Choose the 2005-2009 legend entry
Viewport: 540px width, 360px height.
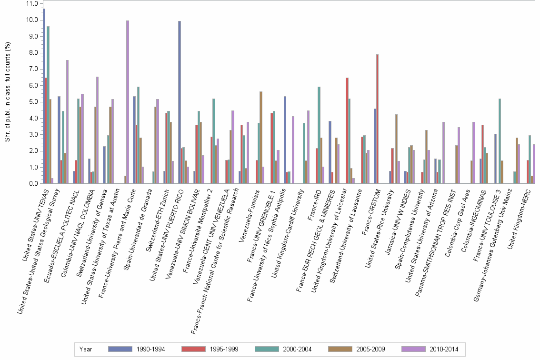pos(341,349)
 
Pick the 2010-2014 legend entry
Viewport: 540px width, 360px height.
pos(415,349)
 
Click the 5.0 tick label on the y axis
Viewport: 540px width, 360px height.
pos(33,102)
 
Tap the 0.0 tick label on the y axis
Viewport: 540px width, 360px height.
pos(33,184)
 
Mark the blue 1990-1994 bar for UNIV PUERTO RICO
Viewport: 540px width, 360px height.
pos(180,102)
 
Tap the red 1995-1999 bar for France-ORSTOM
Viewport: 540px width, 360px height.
pos(378,119)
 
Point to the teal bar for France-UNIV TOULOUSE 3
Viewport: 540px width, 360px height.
pos(499,141)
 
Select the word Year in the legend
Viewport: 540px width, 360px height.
pos(86,349)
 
